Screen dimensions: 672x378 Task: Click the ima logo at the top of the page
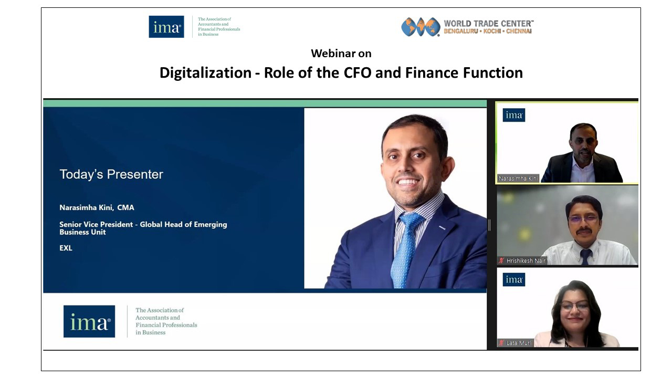tap(166, 27)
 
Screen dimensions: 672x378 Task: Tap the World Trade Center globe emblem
tap(421, 27)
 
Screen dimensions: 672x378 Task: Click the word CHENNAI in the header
tap(519, 31)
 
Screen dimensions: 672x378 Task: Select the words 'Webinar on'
tap(341, 54)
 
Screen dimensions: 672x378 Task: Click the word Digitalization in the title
tap(205, 73)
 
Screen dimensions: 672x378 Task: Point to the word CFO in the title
tap(358, 73)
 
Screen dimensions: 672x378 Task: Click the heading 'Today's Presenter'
tap(111, 174)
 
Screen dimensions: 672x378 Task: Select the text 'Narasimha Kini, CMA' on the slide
tap(97, 207)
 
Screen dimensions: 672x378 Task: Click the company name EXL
tap(66, 248)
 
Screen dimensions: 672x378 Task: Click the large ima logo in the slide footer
tap(89, 321)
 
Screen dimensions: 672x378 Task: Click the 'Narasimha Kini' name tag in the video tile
tap(518, 178)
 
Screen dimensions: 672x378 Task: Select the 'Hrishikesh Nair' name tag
tap(526, 261)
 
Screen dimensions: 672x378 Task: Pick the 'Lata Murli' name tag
tap(519, 343)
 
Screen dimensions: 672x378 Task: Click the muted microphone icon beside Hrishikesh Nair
tap(501, 260)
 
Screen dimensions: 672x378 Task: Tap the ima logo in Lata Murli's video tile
tap(514, 280)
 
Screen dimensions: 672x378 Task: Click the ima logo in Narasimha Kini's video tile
tap(514, 115)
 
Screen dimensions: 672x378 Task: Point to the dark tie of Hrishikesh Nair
tap(585, 257)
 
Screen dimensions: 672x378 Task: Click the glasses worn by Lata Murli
tap(575, 306)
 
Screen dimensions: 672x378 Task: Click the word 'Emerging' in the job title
tap(211, 225)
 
